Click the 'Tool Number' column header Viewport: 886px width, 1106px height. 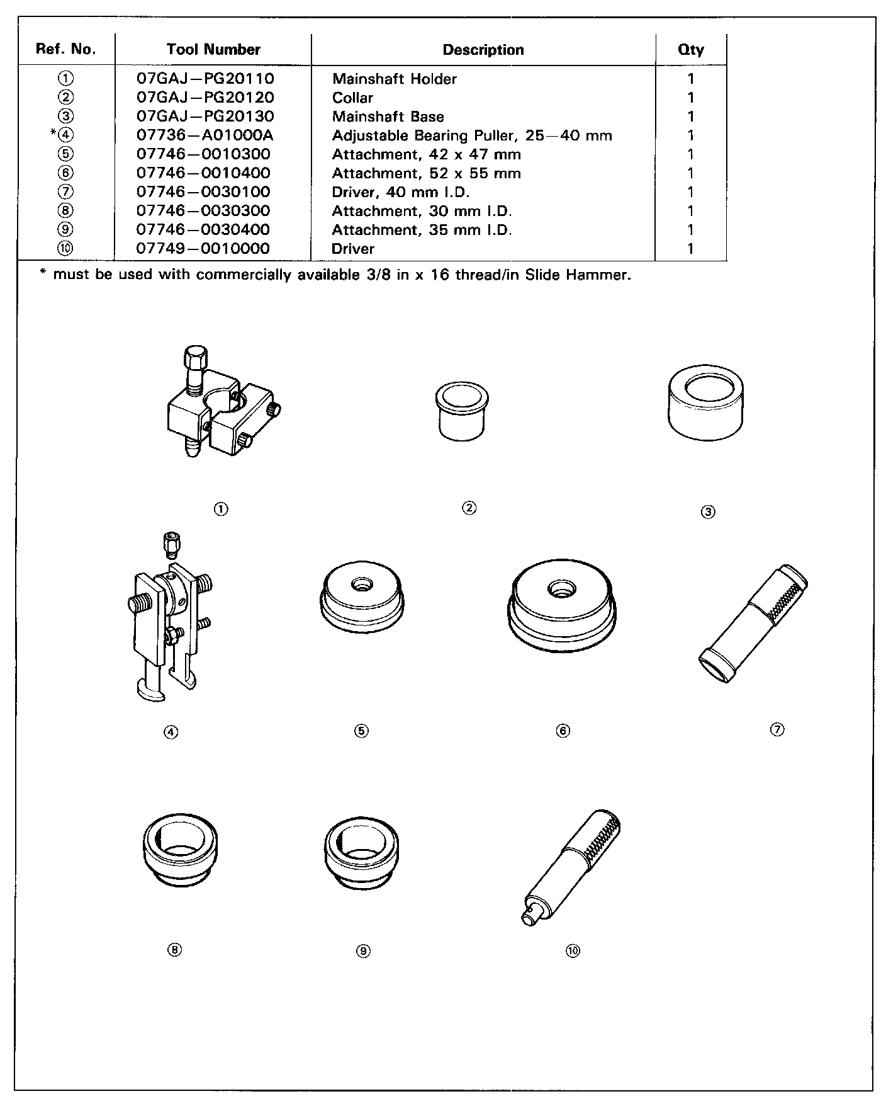point(213,50)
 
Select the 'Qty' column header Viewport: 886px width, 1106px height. point(690,50)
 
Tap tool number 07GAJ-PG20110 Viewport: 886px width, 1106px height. point(205,79)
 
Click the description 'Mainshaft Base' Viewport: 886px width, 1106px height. point(388,117)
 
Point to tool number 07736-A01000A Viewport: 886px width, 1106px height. point(205,135)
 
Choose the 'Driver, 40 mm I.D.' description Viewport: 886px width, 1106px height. point(401,192)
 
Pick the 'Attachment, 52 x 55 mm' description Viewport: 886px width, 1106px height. point(426,173)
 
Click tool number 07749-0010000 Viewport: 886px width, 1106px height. point(203,249)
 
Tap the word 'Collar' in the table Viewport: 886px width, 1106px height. point(352,98)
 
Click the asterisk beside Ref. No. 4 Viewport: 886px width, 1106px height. point(53,134)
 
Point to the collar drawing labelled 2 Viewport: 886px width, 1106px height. point(463,413)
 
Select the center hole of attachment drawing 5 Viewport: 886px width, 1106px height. point(362,584)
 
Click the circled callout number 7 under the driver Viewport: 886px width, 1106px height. point(777,729)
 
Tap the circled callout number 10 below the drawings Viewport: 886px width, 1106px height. point(572,951)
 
